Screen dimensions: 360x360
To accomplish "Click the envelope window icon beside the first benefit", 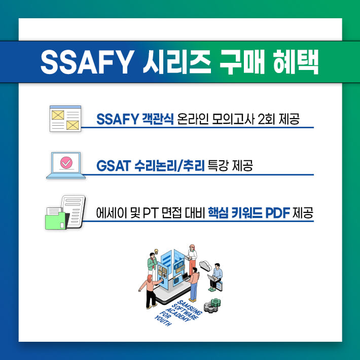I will (65, 119).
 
